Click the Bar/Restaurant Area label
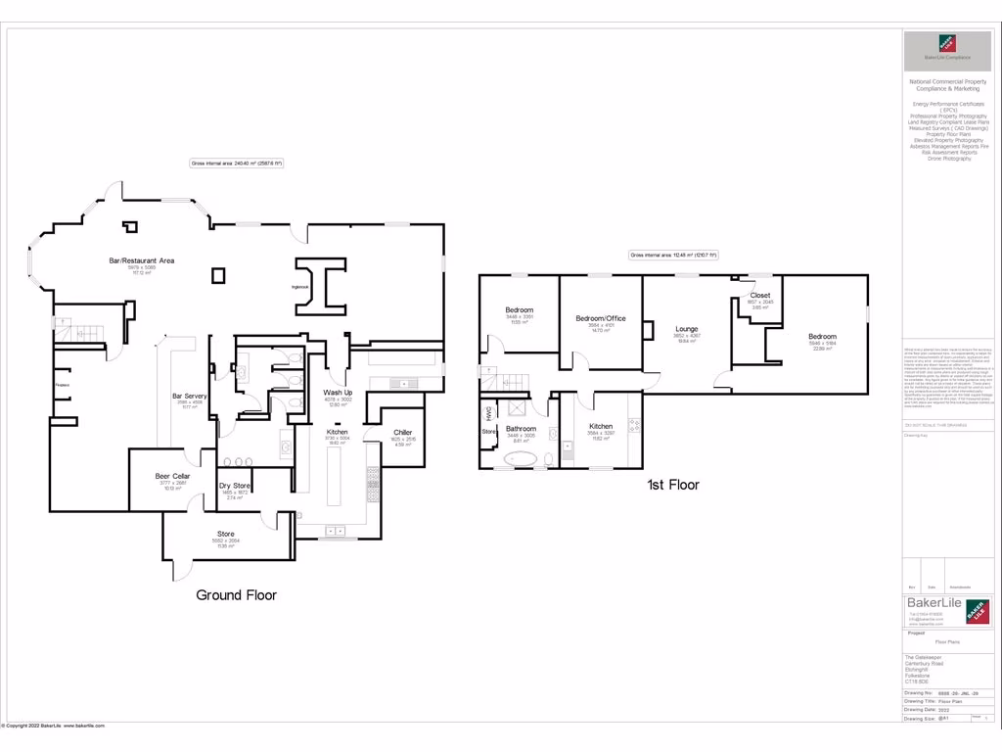(141, 260)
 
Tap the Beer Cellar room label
(172, 476)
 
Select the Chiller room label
(402, 432)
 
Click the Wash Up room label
(338, 393)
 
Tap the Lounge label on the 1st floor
(687, 329)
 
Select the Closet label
(759, 295)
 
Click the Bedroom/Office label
(600, 318)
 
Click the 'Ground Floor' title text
(236, 594)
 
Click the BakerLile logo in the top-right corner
(947, 52)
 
